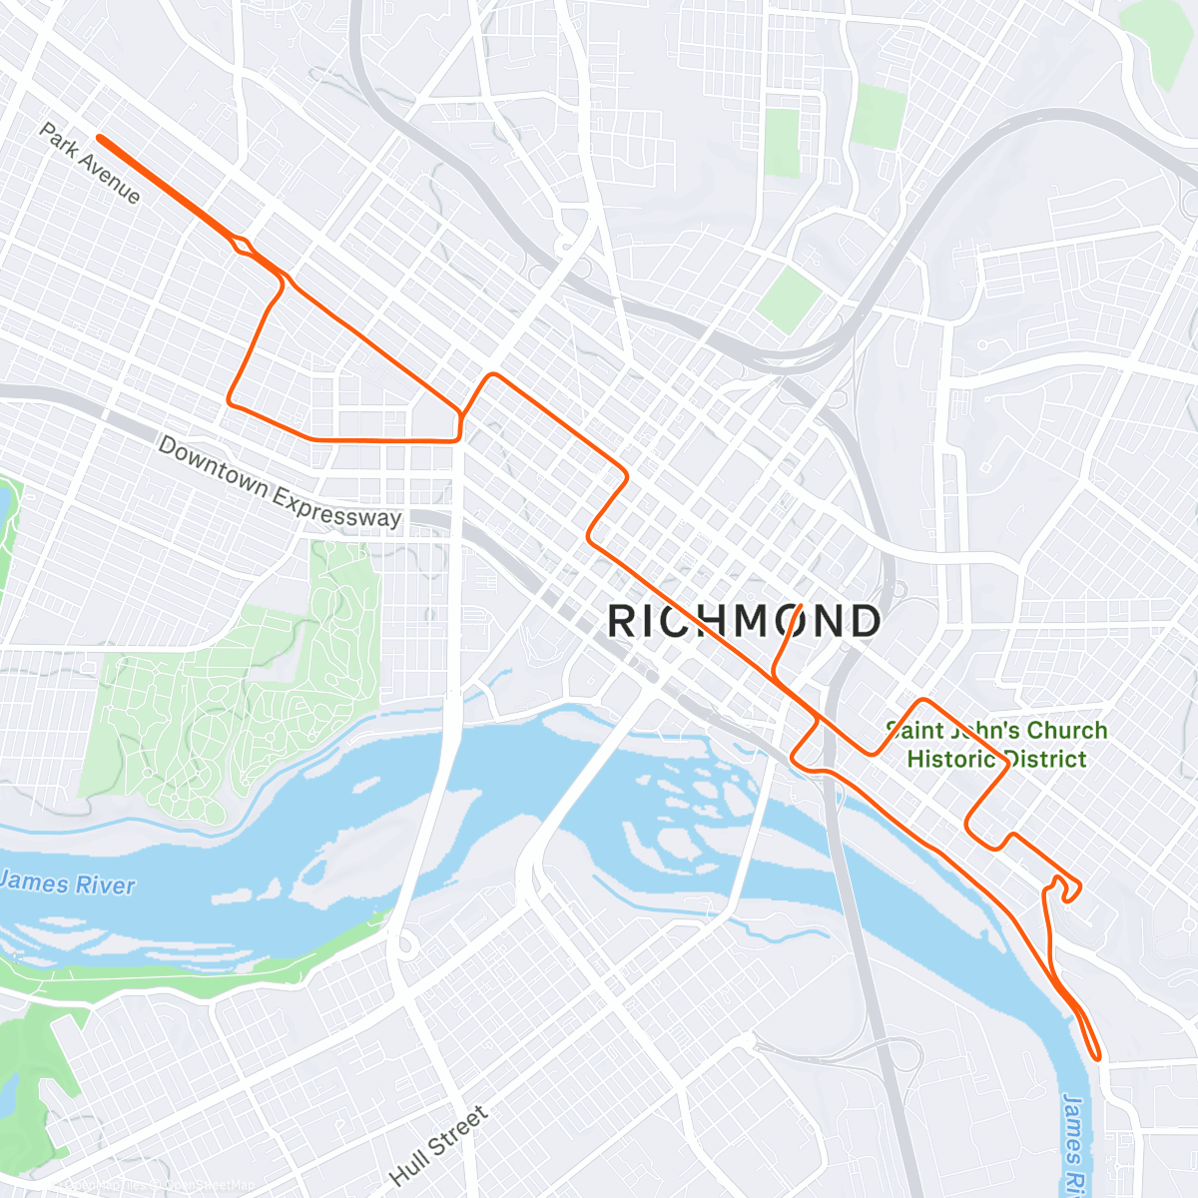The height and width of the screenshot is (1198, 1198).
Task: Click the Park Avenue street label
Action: [x=90, y=163]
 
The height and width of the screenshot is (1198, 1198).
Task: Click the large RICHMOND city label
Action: [x=744, y=621]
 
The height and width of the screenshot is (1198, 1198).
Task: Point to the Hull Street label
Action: [x=439, y=1145]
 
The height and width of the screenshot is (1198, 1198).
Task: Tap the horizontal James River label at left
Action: [x=68, y=884]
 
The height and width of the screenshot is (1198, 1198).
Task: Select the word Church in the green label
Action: [x=1066, y=731]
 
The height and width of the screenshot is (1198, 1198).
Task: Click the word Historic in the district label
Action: [x=950, y=759]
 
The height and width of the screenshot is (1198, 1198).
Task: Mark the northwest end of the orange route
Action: [x=100, y=138]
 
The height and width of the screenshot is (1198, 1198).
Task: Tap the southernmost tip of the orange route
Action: [x=1097, y=1056]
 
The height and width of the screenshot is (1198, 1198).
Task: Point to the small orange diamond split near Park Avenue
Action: [x=242, y=244]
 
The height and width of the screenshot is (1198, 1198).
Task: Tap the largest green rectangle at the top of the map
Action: [x=879, y=117]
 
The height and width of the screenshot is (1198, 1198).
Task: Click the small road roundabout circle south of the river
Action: [x=406, y=943]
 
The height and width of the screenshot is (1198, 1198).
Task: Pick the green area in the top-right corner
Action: [x=1158, y=40]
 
